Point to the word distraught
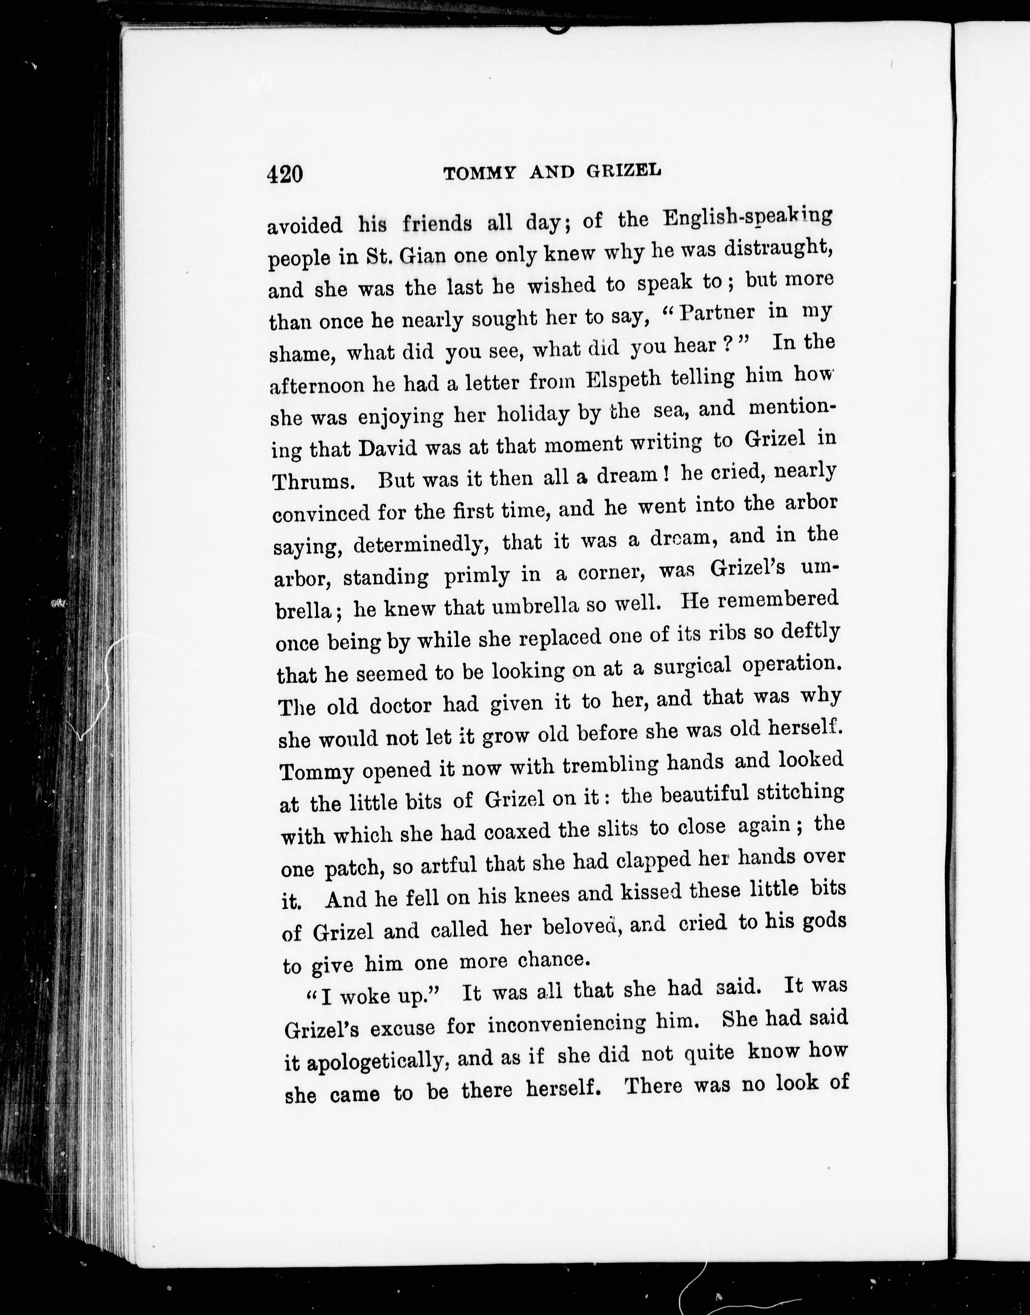778,249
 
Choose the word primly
476,577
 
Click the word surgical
692,666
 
